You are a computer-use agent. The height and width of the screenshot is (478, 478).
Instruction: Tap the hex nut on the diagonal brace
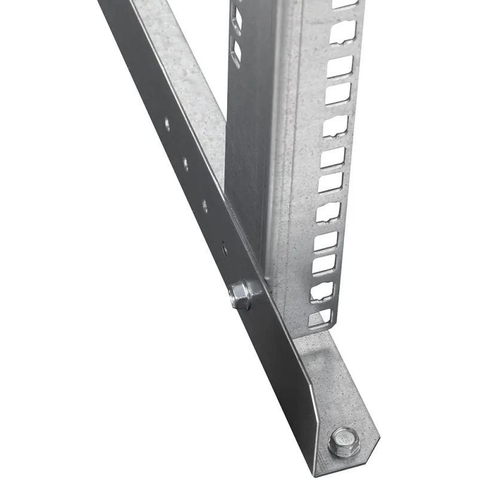241,295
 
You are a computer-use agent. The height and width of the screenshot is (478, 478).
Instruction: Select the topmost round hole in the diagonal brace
167,125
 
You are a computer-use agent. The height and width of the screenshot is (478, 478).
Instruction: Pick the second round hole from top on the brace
185,161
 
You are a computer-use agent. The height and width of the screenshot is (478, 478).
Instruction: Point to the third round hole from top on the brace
205,206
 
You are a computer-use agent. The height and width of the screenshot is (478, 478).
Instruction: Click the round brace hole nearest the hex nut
224,247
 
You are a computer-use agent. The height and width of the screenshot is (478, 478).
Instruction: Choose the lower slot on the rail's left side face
237,51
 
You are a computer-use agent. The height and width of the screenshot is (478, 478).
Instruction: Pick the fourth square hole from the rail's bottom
326,239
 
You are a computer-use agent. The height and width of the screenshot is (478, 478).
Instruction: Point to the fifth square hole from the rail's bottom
328,212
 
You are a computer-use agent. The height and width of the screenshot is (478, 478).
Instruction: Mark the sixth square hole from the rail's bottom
330,183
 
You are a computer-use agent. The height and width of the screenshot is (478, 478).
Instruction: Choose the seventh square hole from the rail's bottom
332,157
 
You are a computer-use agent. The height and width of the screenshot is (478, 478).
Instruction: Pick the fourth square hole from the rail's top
338,93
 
